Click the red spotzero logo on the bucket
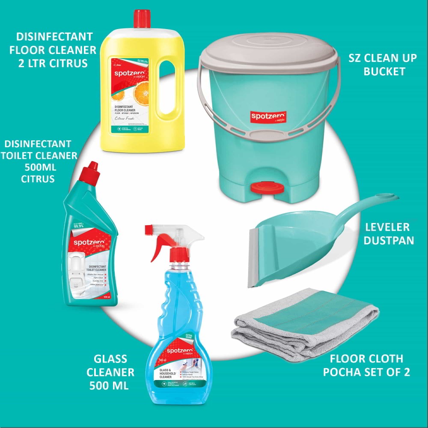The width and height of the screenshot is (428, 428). [268, 116]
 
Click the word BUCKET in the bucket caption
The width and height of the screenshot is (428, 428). [384, 71]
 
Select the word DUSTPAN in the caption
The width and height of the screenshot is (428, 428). [389, 240]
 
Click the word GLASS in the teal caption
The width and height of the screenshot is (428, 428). [110, 359]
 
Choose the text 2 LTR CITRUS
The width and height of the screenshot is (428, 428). [53, 63]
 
